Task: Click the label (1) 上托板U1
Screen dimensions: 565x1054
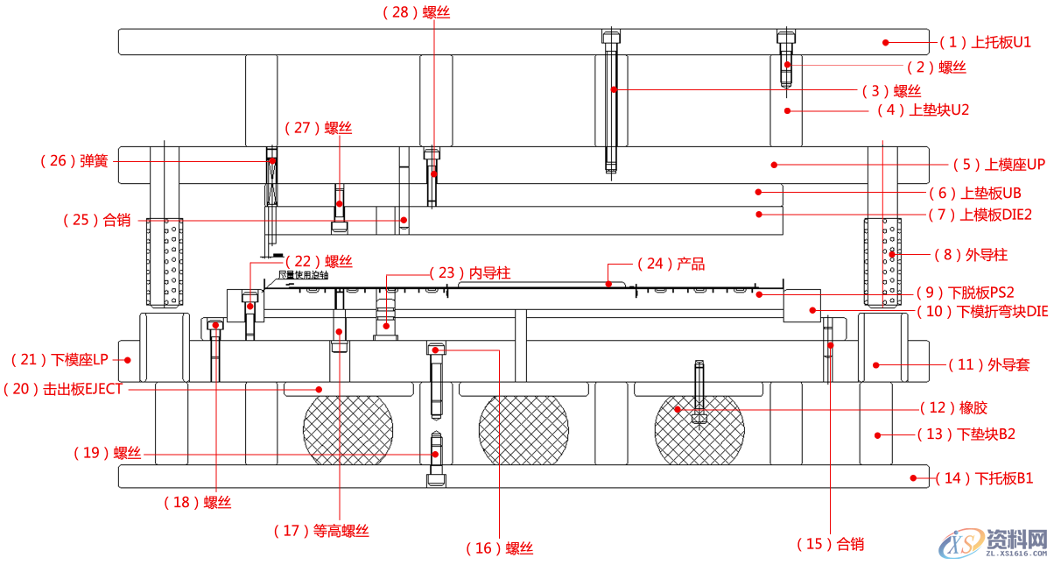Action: tap(985, 42)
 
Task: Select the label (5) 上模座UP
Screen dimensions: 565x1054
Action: tap(995, 164)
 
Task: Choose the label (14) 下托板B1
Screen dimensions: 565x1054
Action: tap(985, 478)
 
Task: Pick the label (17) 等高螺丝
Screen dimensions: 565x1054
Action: tap(321, 530)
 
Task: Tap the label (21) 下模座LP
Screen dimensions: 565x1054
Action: tap(60, 359)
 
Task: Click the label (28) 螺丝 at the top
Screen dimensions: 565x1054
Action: tap(417, 12)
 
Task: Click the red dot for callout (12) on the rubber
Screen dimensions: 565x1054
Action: tap(676, 407)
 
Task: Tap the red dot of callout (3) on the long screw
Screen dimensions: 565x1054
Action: tap(615, 89)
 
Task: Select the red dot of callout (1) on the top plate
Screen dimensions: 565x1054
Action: tap(886, 42)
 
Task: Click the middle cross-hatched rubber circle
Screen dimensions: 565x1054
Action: tap(523, 431)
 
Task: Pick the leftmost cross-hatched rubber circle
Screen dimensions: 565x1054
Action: tap(348, 431)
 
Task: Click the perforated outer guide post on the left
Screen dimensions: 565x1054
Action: tap(165, 262)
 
